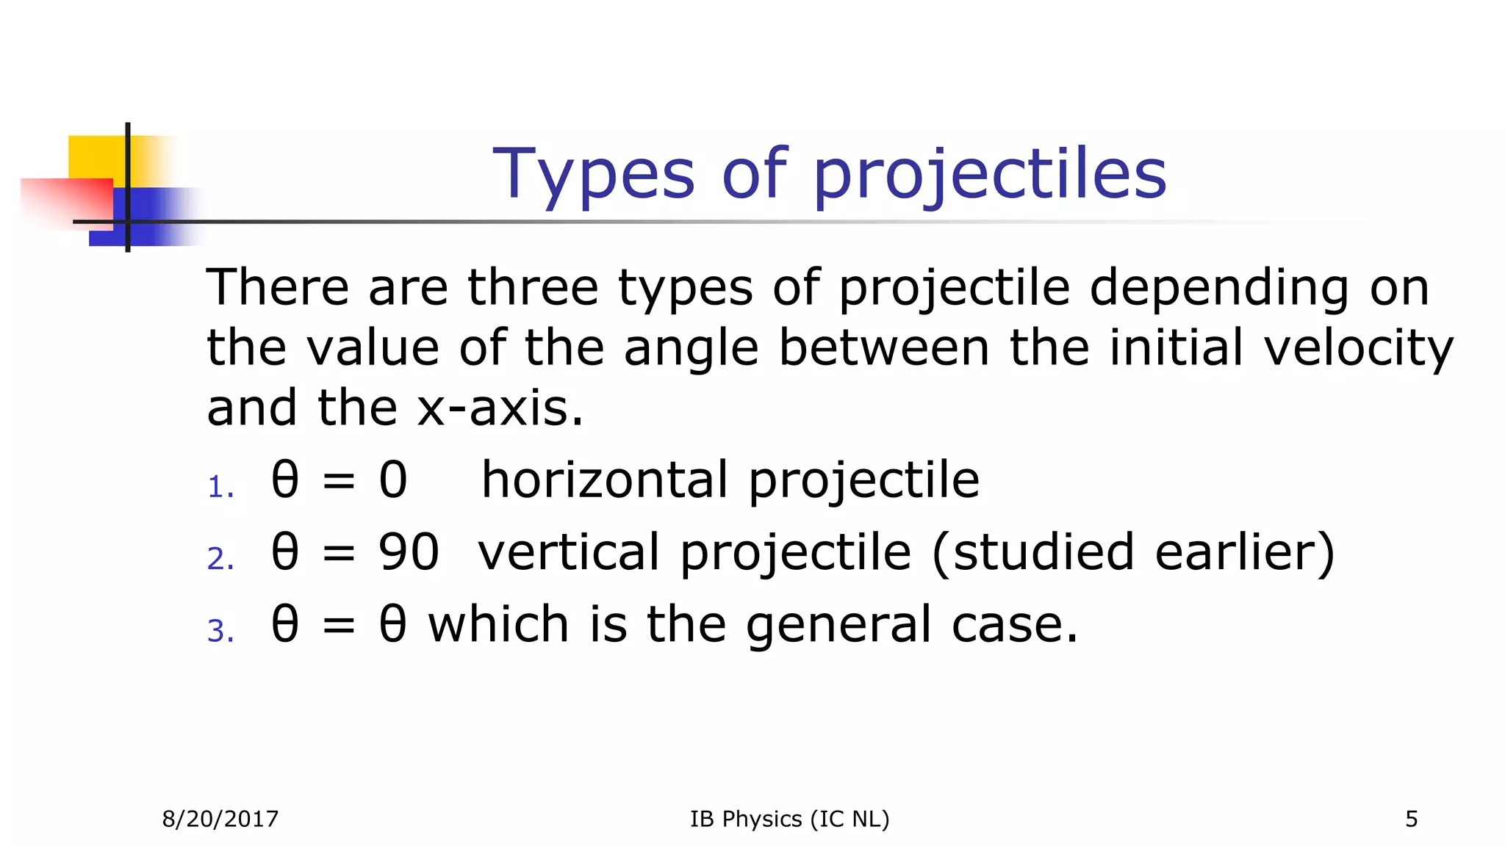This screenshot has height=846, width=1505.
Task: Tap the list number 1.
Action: pyautogui.click(x=220, y=488)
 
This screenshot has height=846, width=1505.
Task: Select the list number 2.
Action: pyautogui.click(x=220, y=560)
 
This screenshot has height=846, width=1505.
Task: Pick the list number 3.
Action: pyautogui.click(x=220, y=632)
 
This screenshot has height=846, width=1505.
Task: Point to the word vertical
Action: pyautogui.click(x=569, y=552)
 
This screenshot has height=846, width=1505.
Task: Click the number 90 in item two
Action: pyautogui.click(x=409, y=552)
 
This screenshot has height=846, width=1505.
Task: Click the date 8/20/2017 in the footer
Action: pyautogui.click(x=220, y=819)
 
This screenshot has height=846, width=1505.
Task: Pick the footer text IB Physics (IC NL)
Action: pyautogui.click(x=789, y=819)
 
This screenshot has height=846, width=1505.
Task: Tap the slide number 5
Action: pyautogui.click(x=1411, y=819)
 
